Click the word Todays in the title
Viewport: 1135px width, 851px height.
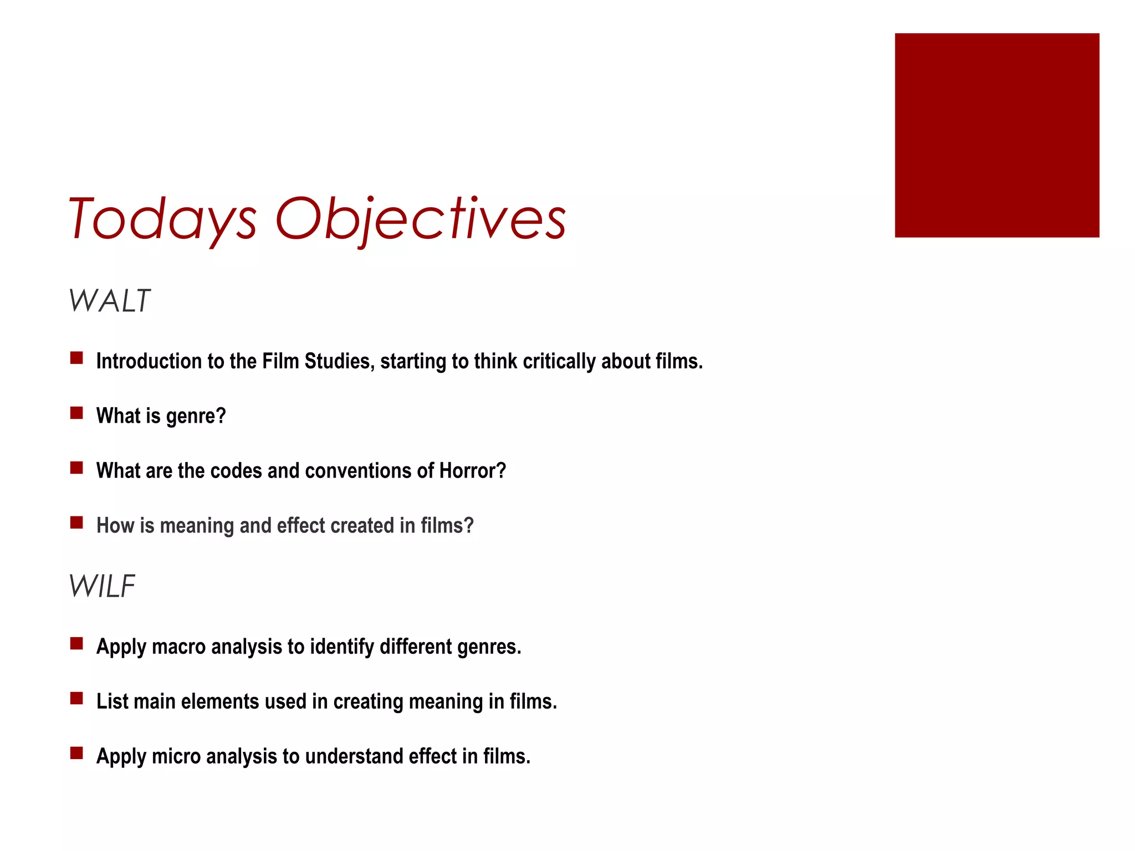point(162,219)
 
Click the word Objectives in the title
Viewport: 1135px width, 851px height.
point(420,219)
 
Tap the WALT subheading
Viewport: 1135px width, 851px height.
point(109,301)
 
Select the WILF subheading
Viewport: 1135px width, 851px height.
point(102,586)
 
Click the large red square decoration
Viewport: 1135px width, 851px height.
point(996,135)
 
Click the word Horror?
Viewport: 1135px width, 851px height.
point(473,471)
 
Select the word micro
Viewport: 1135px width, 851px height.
point(176,757)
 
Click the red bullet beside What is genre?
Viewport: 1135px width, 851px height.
point(76,413)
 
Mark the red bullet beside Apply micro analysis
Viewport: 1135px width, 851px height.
point(76,753)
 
